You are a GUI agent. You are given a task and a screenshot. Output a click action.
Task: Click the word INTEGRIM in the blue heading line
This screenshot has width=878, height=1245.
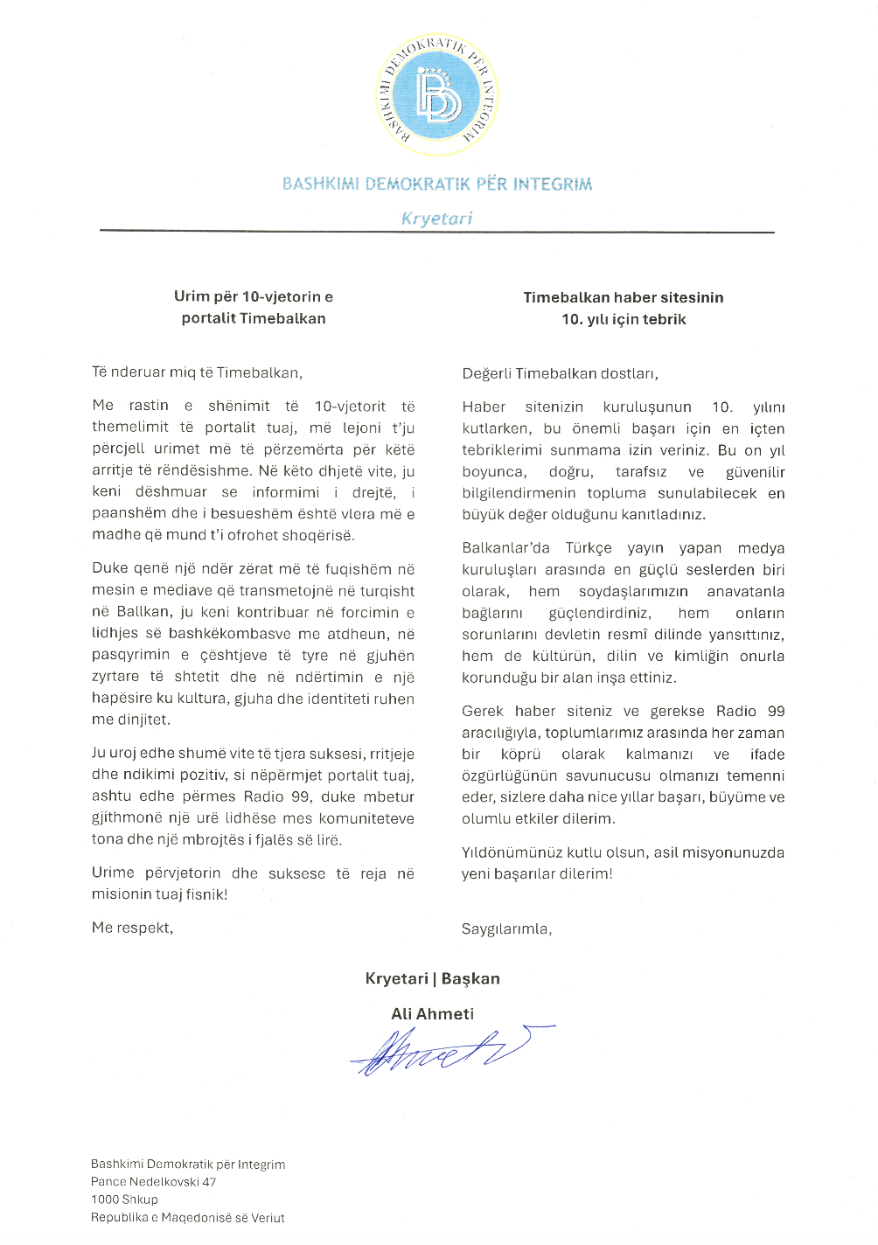coord(552,184)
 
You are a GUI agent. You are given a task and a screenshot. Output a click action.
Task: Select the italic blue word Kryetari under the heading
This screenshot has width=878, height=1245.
coord(436,219)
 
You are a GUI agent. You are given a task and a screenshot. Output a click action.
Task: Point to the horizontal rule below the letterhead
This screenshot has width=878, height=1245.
coord(437,232)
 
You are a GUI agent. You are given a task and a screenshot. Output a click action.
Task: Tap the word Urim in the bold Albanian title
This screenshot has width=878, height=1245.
coord(192,296)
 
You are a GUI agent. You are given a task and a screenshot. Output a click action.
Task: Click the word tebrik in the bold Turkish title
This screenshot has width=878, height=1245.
coord(665,319)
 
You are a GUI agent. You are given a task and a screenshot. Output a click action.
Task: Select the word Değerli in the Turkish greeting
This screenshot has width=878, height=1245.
coord(486,374)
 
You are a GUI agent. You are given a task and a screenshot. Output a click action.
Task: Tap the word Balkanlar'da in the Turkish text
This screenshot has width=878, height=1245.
coord(505,548)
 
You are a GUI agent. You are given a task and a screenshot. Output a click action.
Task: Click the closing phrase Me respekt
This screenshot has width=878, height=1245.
coord(132,928)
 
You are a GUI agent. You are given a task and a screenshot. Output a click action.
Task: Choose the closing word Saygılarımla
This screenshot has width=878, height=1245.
coord(506,929)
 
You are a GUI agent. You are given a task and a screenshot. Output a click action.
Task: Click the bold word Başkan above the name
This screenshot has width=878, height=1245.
coord(470,978)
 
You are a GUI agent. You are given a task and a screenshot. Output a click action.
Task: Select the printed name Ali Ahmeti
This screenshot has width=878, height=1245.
coord(432,1014)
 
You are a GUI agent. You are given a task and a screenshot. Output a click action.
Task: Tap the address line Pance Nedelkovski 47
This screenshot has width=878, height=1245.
coord(153,1182)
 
